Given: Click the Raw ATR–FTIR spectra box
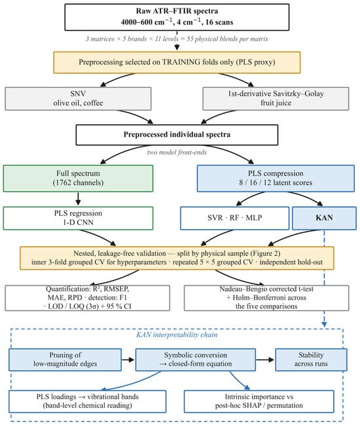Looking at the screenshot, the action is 177,17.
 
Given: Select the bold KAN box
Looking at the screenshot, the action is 324,218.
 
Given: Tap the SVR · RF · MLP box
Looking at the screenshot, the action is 235,218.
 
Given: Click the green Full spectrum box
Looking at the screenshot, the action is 79,178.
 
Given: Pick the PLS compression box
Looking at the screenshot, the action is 276,178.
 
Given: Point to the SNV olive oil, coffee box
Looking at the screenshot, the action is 79,99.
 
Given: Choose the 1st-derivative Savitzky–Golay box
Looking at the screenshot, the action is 276,99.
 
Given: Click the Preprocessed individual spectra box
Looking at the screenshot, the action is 177,135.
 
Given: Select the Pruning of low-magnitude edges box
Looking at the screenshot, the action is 65,360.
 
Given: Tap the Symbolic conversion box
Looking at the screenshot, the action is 196,360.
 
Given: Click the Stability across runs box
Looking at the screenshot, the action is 311,360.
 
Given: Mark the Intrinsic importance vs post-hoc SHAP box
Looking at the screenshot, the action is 259,402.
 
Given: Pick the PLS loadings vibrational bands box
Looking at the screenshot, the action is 88,402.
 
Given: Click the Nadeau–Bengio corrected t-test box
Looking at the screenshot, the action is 266,298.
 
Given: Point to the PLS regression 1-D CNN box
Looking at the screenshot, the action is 79,218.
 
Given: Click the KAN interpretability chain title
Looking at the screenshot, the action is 177,334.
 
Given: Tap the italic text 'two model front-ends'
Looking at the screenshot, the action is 177,152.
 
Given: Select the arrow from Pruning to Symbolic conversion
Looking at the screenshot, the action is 128,360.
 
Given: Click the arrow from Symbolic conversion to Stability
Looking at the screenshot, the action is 266,360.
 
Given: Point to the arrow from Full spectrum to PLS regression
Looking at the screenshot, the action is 79,199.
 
